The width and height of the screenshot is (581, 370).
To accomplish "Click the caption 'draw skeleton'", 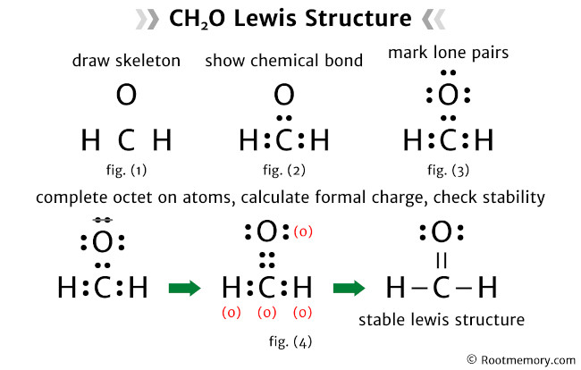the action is (x=125, y=62).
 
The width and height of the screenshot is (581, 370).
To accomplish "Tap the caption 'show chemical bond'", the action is (x=283, y=62).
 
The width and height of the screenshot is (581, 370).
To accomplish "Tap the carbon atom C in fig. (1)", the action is (x=126, y=140).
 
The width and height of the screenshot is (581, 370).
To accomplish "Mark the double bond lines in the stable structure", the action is (x=441, y=260).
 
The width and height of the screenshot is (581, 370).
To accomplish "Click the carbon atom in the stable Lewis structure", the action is (x=441, y=288).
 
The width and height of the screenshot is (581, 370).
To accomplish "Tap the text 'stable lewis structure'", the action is (x=441, y=319).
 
